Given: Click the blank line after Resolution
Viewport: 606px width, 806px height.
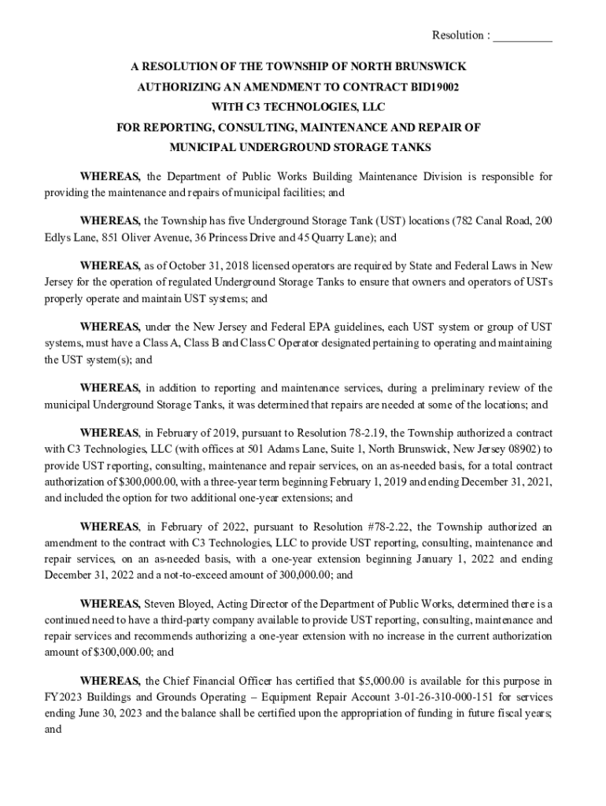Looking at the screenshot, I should (x=523, y=36).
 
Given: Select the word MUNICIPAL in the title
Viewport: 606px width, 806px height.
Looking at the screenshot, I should (x=201, y=146).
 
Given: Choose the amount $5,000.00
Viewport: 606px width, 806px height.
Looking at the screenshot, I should (x=385, y=681).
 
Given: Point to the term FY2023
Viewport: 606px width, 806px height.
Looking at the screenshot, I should (x=68, y=697).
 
